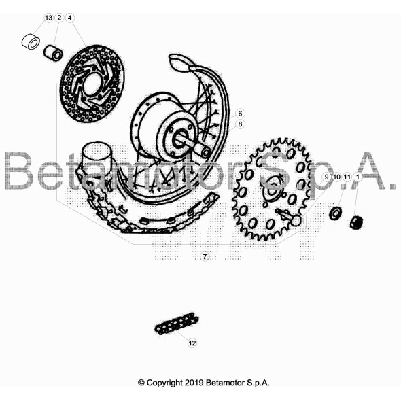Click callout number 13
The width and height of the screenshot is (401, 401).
(x=48, y=18)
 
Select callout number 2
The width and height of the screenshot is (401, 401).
(x=59, y=18)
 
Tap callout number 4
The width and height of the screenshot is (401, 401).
(x=69, y=18)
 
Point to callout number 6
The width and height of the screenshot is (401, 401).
(x=240, y=114)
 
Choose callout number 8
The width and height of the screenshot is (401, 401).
(x=240, y=124)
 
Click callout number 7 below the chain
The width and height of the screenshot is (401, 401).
(x=205, y=256)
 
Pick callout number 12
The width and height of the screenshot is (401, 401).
(x=192, y=343)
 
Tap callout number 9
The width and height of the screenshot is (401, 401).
(x=326, y=177)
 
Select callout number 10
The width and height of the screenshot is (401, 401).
(x=337, y=177)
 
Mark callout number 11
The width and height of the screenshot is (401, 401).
(x=347, y=177)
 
